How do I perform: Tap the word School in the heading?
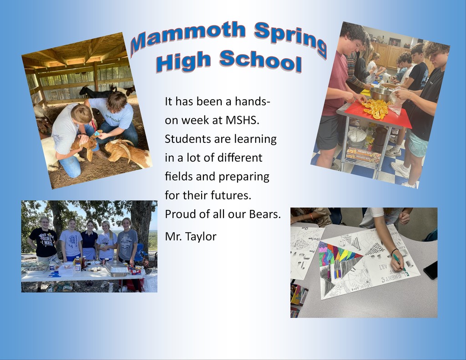261,61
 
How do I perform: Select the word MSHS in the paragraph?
243,120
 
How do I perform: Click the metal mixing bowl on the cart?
381,93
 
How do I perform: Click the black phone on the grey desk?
431,270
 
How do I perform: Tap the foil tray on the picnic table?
116,269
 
